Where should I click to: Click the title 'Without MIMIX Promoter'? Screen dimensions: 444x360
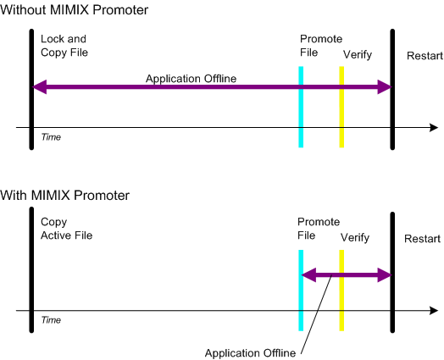(75, 10)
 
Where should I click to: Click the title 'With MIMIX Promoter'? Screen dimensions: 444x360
(65, 196)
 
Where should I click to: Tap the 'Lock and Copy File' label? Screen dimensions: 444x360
(64, 46)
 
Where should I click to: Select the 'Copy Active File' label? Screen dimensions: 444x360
(67, 229)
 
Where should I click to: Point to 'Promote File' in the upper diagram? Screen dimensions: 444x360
(321, 46)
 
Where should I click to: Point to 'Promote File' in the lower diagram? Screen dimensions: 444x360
(319, 229)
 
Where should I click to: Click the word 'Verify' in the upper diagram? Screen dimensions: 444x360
(358, 54)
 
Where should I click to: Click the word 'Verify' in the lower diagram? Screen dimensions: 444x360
(355, 237)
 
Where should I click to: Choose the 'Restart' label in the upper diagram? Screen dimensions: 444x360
(425, 56)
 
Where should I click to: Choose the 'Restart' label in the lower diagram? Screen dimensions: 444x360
(422, 239)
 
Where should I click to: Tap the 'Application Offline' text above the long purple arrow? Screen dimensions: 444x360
(191, 79)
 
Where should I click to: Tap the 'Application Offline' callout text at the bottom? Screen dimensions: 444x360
(250, 353)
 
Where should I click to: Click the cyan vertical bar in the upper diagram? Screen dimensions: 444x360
(301, 107)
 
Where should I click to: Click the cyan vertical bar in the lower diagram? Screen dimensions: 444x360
(301, 291)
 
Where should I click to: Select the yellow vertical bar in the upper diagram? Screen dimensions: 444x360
(341, 107)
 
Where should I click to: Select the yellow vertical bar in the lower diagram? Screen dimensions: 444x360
(341, 291)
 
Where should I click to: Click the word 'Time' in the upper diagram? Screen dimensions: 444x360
(51, 137)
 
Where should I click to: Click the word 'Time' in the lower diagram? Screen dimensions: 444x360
(51, 320)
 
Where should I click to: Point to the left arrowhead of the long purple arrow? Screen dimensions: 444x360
(39, 87)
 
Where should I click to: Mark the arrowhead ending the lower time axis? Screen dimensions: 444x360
(434, 311)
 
